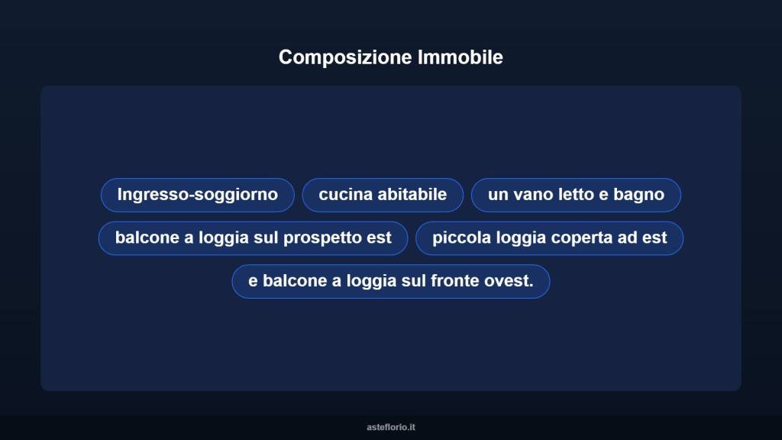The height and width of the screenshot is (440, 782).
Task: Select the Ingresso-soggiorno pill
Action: tap(197, 195)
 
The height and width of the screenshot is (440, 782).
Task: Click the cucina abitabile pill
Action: tap(383, 195)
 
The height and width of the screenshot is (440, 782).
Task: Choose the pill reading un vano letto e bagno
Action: tap(576, 195)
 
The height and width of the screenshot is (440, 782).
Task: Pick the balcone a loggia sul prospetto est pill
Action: tap(253, 238)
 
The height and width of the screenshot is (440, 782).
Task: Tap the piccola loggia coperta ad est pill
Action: tap(549, 238)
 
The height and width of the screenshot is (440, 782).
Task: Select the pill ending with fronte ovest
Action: tap(390, 281)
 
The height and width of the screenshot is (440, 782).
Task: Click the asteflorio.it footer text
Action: tap(391, 427)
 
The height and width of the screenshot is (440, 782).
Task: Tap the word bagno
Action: tap(638, 195)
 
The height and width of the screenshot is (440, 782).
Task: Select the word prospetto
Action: tap(323, 238)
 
